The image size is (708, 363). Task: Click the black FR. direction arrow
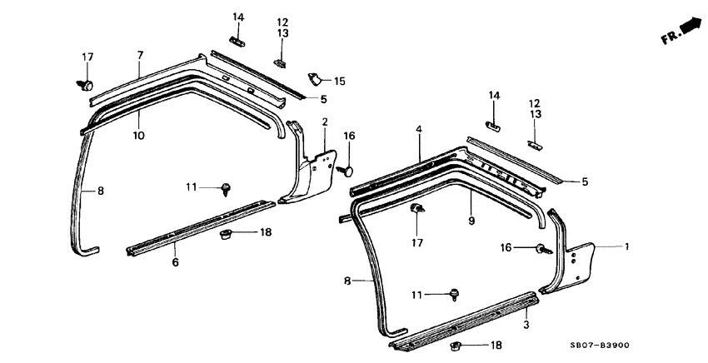691,28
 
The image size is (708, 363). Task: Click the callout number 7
140,55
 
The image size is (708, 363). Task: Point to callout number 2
324,122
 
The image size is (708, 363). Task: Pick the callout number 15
339,81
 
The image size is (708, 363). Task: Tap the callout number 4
419,129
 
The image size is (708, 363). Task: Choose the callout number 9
471,222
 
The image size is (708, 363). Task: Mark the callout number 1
627,246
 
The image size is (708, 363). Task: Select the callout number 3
526,324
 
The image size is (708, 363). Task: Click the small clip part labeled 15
317,79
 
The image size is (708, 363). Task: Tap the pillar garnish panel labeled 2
308,171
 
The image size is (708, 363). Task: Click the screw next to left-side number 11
227,188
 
